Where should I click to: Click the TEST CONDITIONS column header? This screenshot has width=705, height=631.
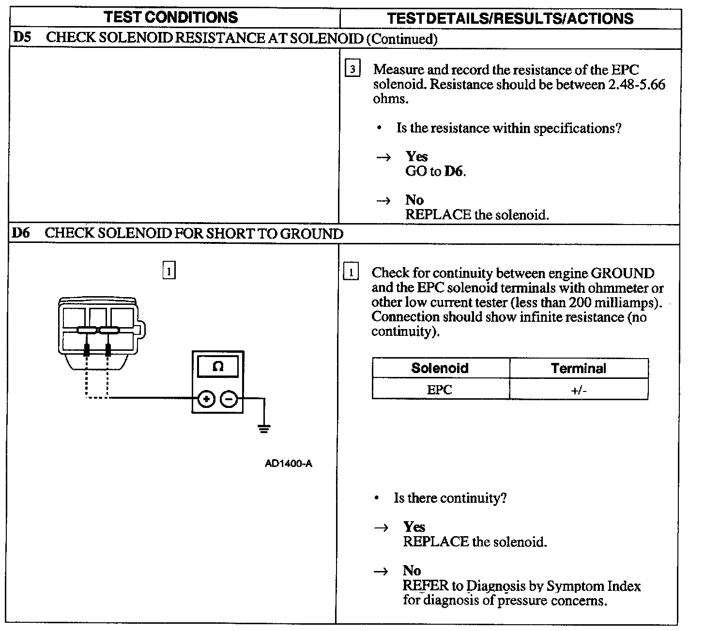[171, 17]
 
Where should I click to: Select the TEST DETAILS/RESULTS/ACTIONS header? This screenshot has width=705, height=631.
[510, 18]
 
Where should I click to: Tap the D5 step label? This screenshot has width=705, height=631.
[22, 38]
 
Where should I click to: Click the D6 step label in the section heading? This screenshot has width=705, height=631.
[21, 233]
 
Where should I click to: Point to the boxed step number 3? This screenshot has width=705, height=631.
[352, 69]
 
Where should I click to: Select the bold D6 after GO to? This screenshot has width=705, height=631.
[454, 171]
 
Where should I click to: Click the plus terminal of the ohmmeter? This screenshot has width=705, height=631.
[206, 399]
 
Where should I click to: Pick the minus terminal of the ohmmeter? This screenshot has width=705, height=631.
[229, 399]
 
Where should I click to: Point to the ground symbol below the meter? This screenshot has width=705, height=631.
[264, 428]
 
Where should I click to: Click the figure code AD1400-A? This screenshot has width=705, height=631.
[289, 464]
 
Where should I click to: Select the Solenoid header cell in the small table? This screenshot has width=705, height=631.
[440, 368]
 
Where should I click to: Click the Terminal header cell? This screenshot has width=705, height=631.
[579, 368]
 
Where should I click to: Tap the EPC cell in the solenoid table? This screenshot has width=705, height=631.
[440, 390]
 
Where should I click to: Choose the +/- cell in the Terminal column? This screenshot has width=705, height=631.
[579, 390]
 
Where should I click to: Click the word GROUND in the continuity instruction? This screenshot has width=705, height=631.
[622, 273]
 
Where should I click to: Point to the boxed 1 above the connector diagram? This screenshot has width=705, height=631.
[169, 271]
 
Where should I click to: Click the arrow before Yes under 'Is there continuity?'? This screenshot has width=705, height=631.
[382, 528]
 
